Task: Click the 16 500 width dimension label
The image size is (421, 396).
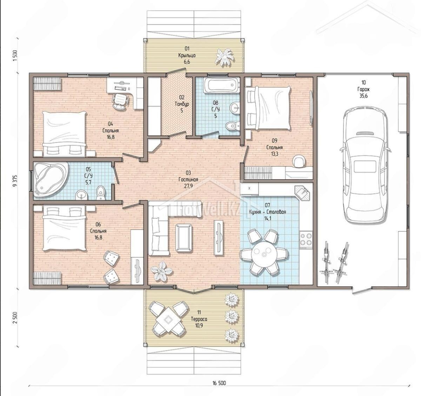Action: [219, 383]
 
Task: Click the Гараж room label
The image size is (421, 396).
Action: [363, 89]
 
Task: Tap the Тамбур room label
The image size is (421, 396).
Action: [182, 104]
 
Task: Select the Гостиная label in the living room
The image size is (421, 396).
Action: [188, 179]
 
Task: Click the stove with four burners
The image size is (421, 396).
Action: [306, 239]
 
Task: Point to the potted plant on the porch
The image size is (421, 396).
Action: [224, 57]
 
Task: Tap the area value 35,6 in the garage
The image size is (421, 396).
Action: [363, 96]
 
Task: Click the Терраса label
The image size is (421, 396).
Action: [199, 319]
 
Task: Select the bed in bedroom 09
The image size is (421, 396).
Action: [268, 107]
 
